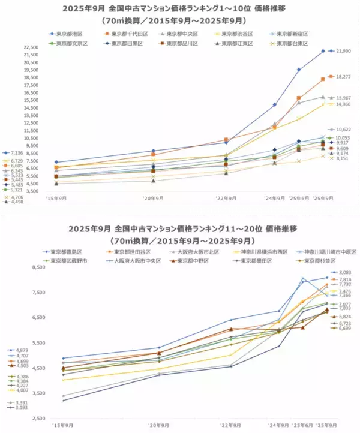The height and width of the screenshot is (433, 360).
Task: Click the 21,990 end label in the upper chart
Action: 342,51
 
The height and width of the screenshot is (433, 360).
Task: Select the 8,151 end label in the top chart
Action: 342,159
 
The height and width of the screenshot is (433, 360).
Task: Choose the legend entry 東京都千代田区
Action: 127,34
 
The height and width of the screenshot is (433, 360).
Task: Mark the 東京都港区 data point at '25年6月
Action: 299,70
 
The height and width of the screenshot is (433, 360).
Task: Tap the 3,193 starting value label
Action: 14,407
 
